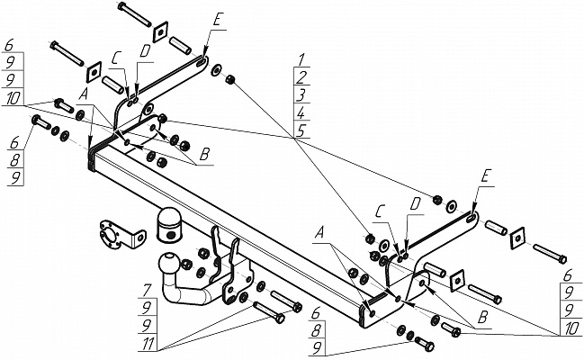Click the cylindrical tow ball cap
click(168, 226)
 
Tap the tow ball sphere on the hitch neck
click(167, 264)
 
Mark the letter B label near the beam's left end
click(204, 155)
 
